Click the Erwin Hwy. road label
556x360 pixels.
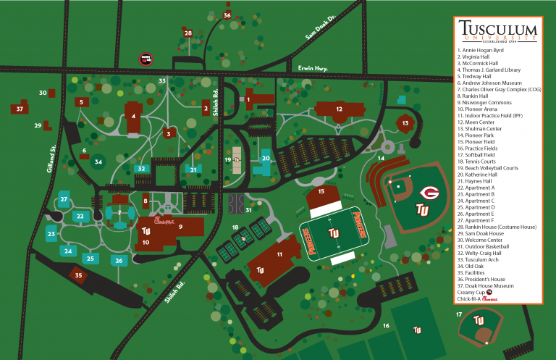tap(312, 68)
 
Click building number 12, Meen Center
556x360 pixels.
tap(338, 109)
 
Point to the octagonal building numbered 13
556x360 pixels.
tap(405, 123)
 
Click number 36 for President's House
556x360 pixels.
tap(227, 14)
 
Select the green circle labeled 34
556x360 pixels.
tap(98, 162)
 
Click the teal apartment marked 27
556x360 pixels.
tap(64, 199)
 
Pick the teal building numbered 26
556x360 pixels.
tap(118, 260)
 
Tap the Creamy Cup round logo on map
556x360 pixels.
tap(146, 59)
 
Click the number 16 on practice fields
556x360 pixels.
tap(386, 326)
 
